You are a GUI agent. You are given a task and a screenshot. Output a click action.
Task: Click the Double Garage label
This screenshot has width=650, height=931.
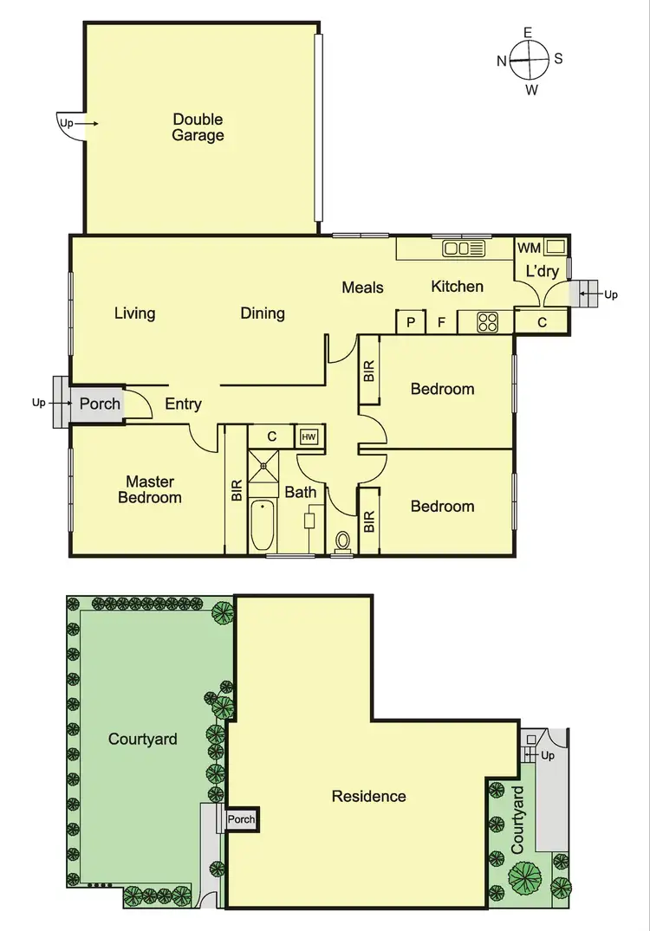tap(198, 127)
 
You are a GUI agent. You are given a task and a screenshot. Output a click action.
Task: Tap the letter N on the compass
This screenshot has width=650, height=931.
tap(502, 61)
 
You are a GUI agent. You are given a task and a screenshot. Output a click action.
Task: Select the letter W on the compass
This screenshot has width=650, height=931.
tap(531, 89)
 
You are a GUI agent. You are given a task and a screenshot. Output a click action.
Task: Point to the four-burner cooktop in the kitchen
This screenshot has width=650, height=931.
tap(488, 322)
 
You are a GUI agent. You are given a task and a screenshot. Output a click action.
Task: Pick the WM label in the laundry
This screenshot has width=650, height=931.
tap(529, 249)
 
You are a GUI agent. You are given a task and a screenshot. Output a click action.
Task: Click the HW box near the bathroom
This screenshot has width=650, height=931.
tap(309, 437)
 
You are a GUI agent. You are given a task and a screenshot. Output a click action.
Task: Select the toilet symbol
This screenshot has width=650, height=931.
tap(343, 542)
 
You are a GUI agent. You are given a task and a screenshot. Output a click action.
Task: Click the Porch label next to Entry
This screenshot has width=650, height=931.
tap(100, 404)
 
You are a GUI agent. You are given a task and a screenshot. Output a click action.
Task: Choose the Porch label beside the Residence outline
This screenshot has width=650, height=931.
tap(242, 819)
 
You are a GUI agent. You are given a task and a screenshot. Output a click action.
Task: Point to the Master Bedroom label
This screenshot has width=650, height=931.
tap(150, 489)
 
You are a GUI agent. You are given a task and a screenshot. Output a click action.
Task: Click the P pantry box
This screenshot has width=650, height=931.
tap(409, 323)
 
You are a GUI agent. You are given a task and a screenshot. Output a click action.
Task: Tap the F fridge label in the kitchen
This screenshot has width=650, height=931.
tap(441, 323)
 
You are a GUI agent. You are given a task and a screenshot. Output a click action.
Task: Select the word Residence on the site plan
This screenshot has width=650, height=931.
tap(368, 796)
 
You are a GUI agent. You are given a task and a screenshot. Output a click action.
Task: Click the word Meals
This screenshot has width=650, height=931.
tap(362, 288)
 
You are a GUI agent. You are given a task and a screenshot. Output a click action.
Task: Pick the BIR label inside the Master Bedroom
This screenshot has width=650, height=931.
tap(237, 491)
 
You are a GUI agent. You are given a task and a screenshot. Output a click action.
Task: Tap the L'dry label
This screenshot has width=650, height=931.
tap(542, 271)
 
